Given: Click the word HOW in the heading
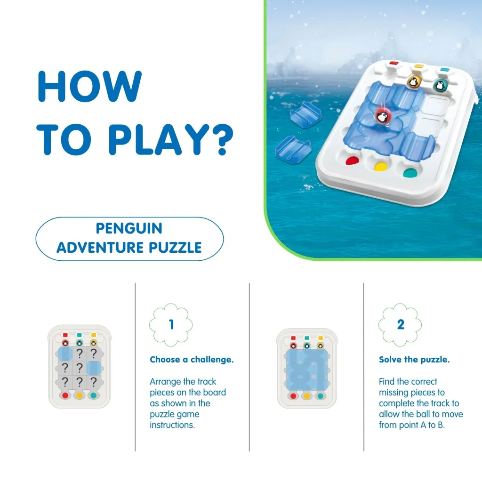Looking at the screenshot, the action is click(x=89, y=86).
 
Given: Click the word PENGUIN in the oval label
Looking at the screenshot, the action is click(x=129, y=228).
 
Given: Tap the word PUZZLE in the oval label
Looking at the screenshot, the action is click(x=175, y=248).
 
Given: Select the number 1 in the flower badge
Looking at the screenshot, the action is click(x=171, y=325).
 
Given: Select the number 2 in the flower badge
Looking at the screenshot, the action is click(x=401, y=325).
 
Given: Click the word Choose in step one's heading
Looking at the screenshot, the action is click(x=165, y=359).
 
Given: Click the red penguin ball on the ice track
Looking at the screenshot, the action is click(x=383, y=117).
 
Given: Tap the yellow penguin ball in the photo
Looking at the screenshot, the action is click(x=414, y=82).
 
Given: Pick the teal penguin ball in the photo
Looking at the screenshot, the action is click(x=440, y=86).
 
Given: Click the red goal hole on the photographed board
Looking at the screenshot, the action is click(x=352, y=161).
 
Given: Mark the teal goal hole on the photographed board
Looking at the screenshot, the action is click(x=410, y=173).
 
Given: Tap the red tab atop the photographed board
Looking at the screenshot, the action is click(x=394, y=64).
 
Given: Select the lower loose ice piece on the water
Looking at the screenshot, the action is click(x=293, y=149).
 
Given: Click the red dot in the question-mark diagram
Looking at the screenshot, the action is click(x=65, y=395).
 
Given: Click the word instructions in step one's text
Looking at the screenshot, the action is click(x=172, y=425).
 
